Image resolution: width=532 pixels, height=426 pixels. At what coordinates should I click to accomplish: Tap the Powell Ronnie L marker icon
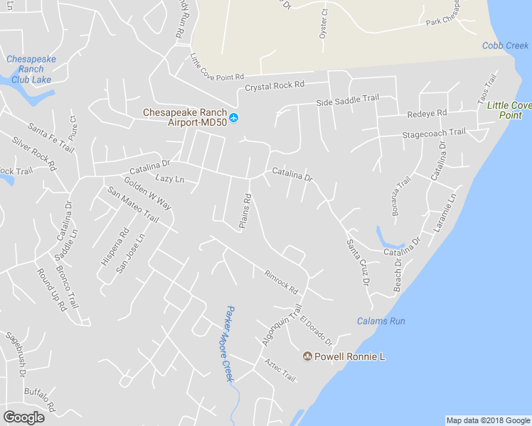click(x=308, y=356)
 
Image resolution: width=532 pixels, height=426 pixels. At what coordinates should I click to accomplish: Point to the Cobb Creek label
click(x=505, y=46)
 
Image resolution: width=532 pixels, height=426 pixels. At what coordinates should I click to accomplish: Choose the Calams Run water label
click(x=381, y=321)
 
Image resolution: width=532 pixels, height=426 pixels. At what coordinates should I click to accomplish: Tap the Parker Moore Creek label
click(x=228, y=344)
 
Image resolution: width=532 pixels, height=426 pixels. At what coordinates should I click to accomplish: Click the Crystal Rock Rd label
click(x=275, y=86)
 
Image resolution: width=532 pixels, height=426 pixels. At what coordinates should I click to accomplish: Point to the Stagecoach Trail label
click(x=434, y=133)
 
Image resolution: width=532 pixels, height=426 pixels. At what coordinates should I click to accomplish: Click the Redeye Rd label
click(x=427, y=114)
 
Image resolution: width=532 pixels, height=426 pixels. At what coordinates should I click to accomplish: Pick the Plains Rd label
click(x=246, y=212)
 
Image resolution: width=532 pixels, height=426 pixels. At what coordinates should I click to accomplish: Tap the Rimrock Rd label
click(x=280, y=283)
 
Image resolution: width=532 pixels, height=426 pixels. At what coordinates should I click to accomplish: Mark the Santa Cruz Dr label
click(x=358, y=262)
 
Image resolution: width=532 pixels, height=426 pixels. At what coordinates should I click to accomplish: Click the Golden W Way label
click(x=148, y=192)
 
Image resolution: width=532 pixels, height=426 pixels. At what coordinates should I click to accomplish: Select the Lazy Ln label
click(x=169, y=180)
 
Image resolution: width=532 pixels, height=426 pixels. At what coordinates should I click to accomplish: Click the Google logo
click(x=23, y=417)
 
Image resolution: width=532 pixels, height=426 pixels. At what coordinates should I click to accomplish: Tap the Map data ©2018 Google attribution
click(x=488, y=420)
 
